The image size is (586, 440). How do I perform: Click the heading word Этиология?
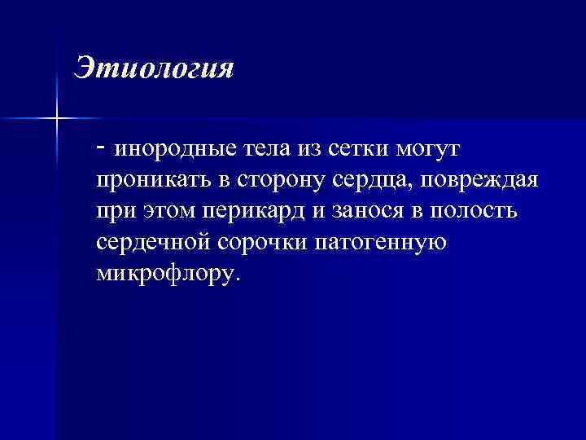coord(154,67)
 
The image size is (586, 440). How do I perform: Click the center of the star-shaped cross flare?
coord(57,119)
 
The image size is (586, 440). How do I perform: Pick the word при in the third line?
coord(115,211)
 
